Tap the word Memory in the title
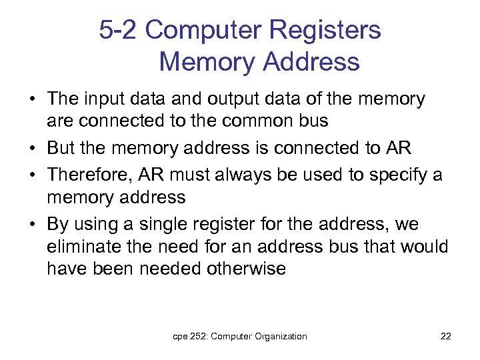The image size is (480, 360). click(207, 62)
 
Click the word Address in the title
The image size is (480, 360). click(311, 62)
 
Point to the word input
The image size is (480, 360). click(105, 99)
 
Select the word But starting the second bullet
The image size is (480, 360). click(63, 147)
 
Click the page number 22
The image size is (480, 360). click(446, 337)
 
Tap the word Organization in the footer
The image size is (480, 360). click(279, 337)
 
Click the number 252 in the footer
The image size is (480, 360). click(197, 337)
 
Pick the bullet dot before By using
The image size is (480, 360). click(32, 224)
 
